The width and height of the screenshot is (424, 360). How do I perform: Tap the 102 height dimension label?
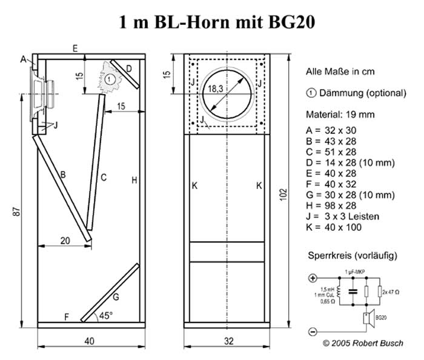[x=285, y=193]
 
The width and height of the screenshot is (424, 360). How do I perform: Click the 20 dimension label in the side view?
[x=65, y=240]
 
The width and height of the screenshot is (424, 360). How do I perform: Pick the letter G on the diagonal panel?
[x=115, y=296]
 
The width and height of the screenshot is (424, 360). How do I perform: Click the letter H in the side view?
[x=134, y=179]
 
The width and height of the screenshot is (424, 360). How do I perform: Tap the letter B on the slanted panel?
[x=62, y=175]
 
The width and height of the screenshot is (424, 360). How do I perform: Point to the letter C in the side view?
[x=104, y=178]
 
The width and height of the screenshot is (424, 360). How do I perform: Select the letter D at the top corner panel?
[x=128, y=69]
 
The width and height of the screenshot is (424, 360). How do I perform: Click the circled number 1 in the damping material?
[x=108, y=79]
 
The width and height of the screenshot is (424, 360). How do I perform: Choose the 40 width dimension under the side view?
[x=89, y=341]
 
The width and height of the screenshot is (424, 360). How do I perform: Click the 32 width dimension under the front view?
[x=228, y=341]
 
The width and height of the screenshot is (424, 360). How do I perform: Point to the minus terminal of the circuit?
[x=313, y=331]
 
